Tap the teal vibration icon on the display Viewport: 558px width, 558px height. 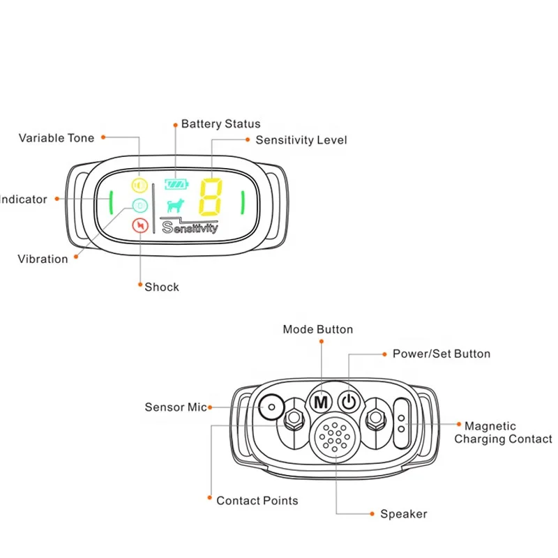click(140, 206)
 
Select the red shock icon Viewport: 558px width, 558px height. click(140, 226)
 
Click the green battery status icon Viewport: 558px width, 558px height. click(176, 185)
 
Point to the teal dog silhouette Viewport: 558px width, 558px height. click(176, 206)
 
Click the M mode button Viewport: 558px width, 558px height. click(321, 402)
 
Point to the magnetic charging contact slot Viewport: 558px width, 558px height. click(402, 423)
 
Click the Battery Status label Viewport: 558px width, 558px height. click(220, 124)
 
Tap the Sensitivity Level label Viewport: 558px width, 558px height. click(301, 140)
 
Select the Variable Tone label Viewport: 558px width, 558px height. click(56, 138)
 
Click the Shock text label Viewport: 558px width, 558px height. click(162, 287)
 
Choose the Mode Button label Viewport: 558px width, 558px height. click(317, 329)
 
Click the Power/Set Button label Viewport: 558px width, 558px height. click(441, 354)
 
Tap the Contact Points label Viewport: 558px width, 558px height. click(257, 500)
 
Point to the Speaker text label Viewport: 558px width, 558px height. click(403, 514)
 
